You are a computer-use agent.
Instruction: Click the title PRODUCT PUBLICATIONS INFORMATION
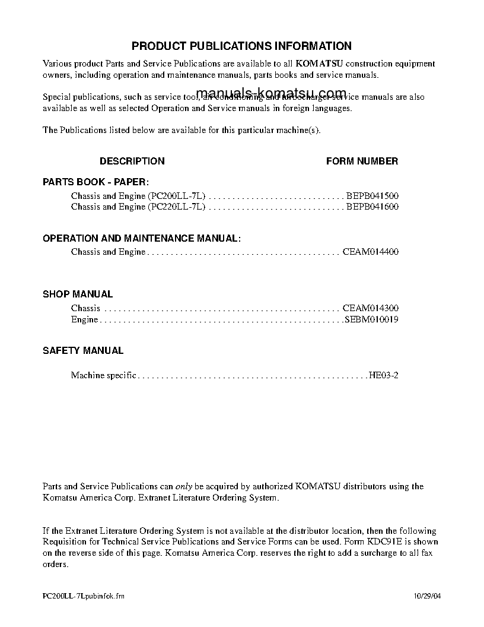241,46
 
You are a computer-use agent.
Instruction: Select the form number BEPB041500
372,195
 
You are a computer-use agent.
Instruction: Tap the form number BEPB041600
372,207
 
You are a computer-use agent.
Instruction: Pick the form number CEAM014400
371,252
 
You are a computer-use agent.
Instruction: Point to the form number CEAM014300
371,308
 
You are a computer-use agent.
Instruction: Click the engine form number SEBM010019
372,319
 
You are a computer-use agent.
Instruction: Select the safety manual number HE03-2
384,375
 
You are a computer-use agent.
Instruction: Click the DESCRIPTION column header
132,161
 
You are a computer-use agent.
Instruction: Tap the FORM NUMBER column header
362,161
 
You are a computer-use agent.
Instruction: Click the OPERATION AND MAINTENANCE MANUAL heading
142,238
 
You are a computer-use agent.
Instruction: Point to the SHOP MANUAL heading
78,294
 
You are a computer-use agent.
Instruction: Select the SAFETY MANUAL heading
83,350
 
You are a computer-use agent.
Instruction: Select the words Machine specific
104,375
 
